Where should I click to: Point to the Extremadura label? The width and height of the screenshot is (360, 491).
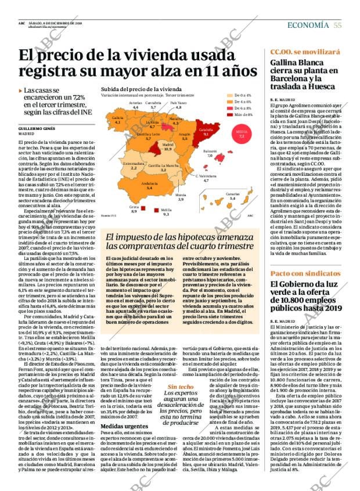pos(134,165)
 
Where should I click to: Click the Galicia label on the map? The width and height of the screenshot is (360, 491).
pos(117,119)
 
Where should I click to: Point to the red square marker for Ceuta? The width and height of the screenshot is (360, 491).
pos(143,207)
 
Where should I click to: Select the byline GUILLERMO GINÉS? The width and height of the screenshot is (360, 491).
pos(35,128)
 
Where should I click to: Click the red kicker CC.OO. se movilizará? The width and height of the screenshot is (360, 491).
pos(297,52)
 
